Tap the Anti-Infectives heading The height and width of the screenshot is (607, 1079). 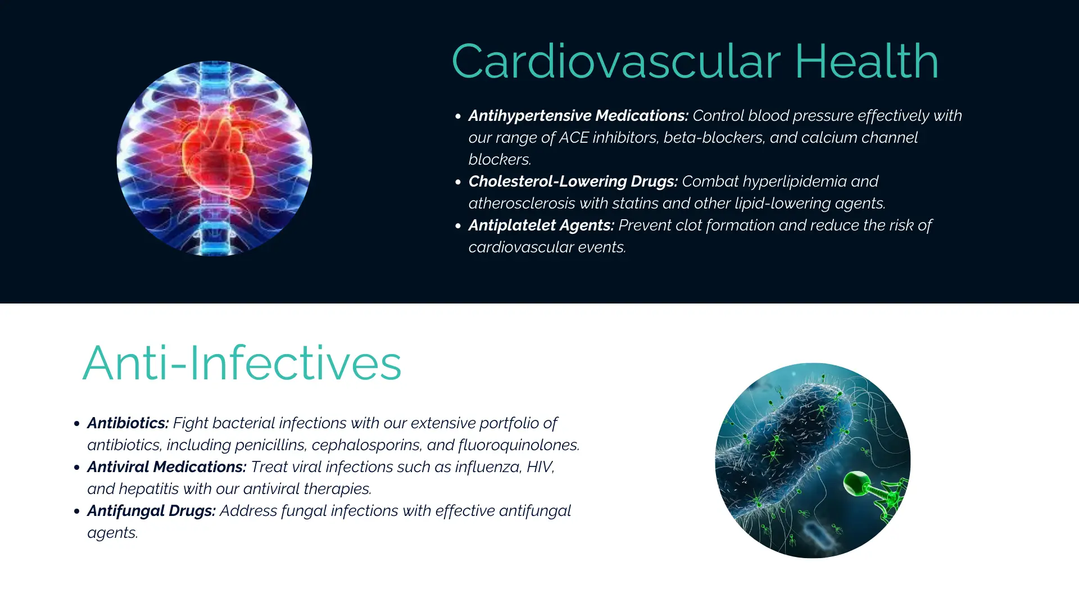click(x=242, y=363)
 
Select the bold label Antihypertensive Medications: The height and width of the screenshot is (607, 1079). click(x=578, y=116)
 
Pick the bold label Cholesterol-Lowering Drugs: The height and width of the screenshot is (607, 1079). click(x=573, y=182)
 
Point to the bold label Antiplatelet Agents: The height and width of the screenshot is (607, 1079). click(x=541, y=225)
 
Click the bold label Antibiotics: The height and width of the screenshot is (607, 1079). click(x=128, y=423)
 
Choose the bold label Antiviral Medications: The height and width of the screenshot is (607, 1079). click(x=167, y=467)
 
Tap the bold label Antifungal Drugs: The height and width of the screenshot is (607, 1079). click(x=151, y=511)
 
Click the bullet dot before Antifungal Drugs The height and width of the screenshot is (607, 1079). click(x=77, y=511)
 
